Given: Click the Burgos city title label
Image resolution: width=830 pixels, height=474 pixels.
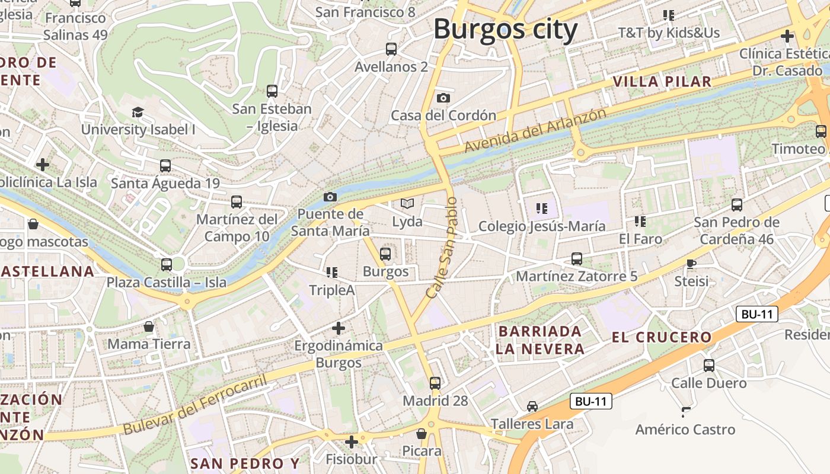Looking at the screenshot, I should tap(506, 29).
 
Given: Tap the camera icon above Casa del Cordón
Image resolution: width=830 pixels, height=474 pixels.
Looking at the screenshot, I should tap(443, 98).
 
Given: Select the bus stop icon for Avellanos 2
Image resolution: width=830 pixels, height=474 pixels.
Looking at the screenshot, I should tap(391, 49).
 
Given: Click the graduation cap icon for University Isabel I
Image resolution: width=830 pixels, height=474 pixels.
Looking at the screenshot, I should tap(138, 112).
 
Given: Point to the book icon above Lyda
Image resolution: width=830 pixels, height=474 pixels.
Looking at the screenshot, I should tap(407, 204).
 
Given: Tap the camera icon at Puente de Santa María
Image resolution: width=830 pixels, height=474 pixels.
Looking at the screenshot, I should tap(330, 197).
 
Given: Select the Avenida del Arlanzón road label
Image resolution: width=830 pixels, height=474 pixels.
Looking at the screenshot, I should tap(535, 130).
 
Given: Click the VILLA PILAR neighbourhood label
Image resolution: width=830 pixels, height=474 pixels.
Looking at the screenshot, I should tap(662, 82).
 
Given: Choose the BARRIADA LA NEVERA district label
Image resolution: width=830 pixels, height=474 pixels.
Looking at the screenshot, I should tap(540, 340).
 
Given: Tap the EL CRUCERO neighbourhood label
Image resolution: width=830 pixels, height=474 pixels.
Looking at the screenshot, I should tap(662, 337).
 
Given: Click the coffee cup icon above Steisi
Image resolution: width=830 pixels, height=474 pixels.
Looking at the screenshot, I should tap(691, 263).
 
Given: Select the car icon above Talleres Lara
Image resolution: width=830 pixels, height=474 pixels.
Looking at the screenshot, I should tap(532, 406).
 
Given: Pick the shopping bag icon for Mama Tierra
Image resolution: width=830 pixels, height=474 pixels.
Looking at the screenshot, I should tap(149, 326).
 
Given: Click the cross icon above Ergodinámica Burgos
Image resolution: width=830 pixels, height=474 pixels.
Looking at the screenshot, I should tap(339, 328).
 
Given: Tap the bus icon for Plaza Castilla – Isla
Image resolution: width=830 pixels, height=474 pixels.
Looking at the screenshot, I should tap(167, 265).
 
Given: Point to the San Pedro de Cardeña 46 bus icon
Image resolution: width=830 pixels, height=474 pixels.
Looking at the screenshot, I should tap(737, 205).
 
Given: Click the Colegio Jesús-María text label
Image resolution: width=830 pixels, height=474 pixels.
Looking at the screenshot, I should tap(542, 226).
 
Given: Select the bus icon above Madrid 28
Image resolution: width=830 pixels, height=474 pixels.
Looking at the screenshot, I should tap(435, 383).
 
